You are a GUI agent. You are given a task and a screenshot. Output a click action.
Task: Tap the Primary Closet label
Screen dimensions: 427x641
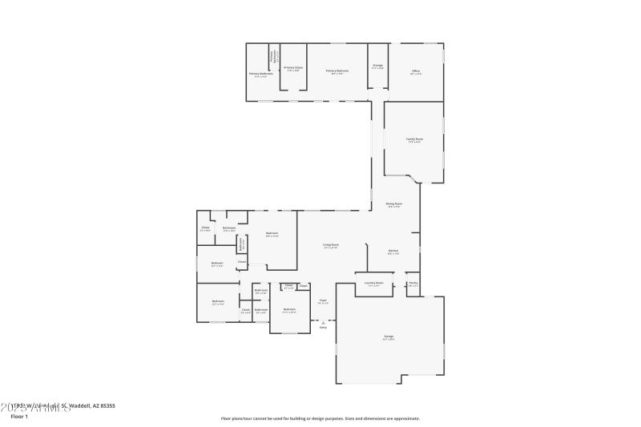[x=293, y=68]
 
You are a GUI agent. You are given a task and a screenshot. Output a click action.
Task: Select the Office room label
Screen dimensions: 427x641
[x=416, y=72]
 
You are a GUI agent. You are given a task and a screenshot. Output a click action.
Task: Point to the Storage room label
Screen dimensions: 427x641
[x=377, y=66]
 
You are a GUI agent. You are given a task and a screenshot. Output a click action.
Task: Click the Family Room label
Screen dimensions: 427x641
[x=414, y=139]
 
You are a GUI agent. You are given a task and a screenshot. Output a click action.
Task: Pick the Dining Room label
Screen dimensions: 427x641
[x=394, y=204]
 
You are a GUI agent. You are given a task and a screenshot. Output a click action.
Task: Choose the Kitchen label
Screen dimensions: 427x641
[x=393, y=252]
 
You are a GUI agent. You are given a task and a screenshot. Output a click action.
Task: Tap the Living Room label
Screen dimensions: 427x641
[x=331, y=245]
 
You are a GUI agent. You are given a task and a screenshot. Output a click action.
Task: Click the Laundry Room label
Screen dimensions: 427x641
[x=374, y=283]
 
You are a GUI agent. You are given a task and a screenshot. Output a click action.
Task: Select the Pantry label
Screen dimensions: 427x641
[x=413, y=283]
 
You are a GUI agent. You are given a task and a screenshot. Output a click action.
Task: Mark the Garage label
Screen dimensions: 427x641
[x=389, y=337]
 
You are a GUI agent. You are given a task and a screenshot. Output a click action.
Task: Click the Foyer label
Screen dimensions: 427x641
[x=323, y=301]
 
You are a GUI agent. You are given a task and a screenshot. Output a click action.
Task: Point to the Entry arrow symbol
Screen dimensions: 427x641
[x=324, y=322]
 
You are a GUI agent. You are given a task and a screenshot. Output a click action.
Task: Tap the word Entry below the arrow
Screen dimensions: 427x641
[x=324, y=328]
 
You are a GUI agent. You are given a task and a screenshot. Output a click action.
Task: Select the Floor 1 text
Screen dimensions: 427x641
[x=19, y=417]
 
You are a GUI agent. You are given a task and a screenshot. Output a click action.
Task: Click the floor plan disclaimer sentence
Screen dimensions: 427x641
[x=320, y=417]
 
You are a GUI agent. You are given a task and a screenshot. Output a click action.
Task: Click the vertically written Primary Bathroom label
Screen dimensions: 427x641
[x=273, y=57]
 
